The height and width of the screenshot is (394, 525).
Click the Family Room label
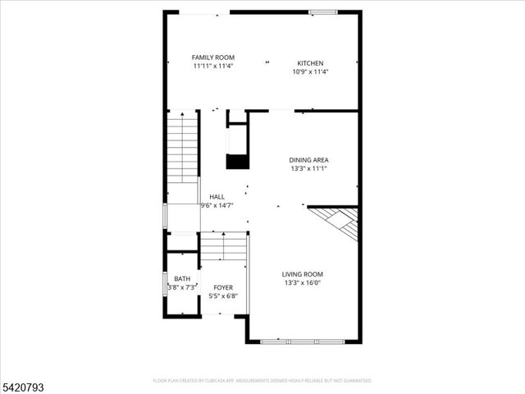click(x=213, y=57)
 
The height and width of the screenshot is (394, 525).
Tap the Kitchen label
click(x=310, y=63)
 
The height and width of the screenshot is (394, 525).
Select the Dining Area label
click(x=308, y=160)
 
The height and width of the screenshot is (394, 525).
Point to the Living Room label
click(x=303, y=274)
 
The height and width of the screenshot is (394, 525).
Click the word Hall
click(x=217, y=197)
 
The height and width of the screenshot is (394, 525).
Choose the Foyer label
click(x=223, y=287)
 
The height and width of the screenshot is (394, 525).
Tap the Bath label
click(x=181, y=279)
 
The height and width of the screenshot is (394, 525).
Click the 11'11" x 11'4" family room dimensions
click(x=213, y=66)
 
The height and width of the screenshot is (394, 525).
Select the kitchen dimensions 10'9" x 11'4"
click(x=310, y=71)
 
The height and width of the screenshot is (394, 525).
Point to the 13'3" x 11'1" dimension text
click(x=308, y=169)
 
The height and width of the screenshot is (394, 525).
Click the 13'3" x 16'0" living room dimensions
click(x=303, y=283)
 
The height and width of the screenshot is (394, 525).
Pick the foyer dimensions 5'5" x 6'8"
click(x=223, y=296)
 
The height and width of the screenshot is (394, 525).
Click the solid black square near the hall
click(x=237, y=161)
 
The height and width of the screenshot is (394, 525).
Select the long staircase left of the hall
click(x=182, y=148)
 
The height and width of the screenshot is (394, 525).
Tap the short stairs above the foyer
click(x=223, y=246)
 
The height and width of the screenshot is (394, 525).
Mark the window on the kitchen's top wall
click(x=322, y=12)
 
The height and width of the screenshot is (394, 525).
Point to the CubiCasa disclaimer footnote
click(x=262, y=381)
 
